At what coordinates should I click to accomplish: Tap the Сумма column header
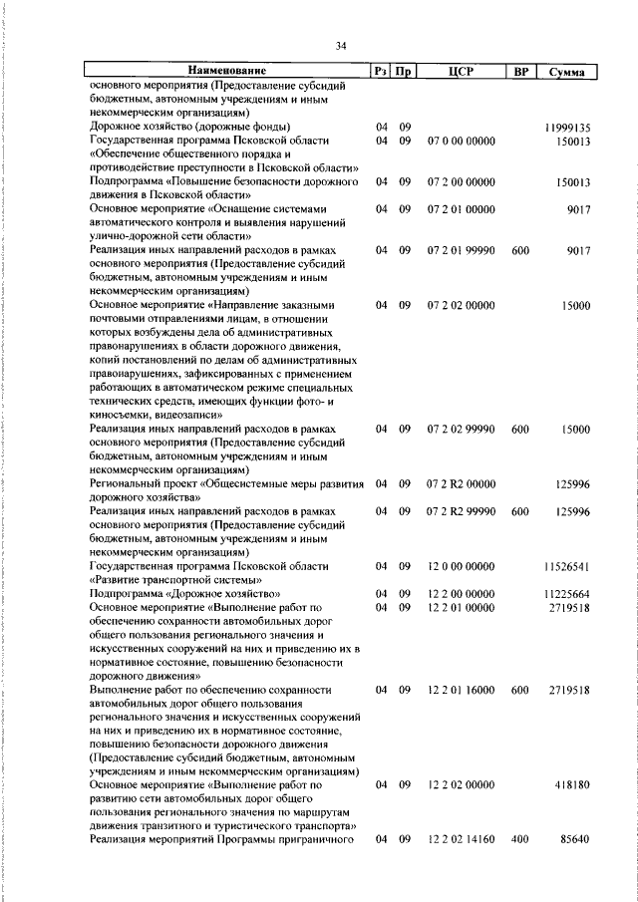coord(565,72)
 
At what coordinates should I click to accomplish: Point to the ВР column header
coord(519,72)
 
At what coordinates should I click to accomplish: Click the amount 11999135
coord(567,128)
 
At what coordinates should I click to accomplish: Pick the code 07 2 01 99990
coord(460,252)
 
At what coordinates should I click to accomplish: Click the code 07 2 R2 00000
coord(460,484)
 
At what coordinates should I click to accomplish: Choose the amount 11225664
coord(567,593)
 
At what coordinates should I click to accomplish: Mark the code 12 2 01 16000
coord(460,690)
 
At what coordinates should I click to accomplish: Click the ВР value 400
coord(519,840)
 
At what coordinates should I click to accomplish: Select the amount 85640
coord(572,840)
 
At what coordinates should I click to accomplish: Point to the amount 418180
coord(570,785)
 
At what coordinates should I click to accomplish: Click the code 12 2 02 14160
coord(460,840)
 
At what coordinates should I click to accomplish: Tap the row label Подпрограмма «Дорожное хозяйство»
coord(172,593)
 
